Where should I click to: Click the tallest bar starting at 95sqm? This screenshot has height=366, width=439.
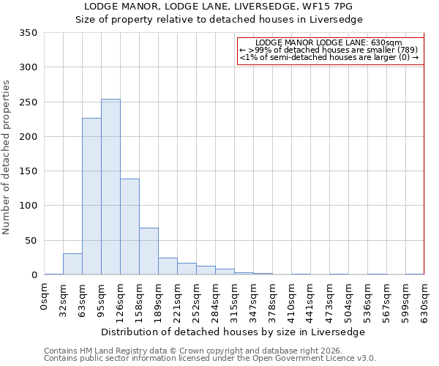tap(110, 187)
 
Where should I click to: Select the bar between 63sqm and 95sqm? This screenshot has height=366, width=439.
tap(91, 196)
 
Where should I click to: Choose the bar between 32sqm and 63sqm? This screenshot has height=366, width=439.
tap(72, 264)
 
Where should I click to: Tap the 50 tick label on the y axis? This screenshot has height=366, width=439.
tap(30, 240)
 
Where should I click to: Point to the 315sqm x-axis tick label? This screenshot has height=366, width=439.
tap(234, 299)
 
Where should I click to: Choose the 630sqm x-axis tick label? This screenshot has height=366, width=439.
tap(424, 299)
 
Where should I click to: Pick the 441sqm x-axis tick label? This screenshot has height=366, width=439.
tap(310, 299)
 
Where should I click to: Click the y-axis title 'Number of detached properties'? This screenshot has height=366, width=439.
tap(7, 157)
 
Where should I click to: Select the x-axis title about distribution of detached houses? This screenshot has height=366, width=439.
tap(233, 332)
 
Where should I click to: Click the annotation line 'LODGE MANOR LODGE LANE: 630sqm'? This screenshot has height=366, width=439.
tap(329, 43)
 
